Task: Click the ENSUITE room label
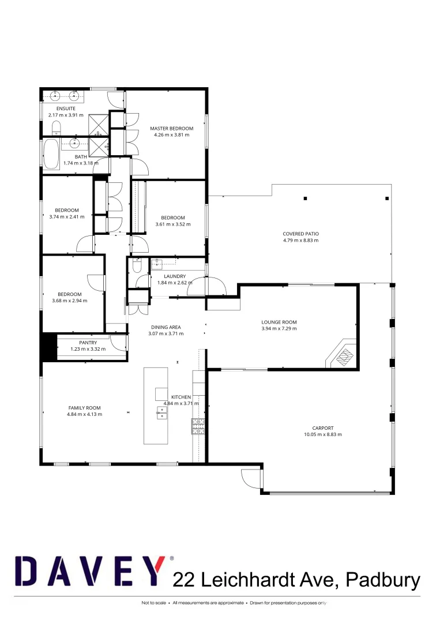[66, 108]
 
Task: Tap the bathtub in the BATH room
[51, 153]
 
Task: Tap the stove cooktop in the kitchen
[198, 426]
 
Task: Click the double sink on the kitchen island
[161, 412]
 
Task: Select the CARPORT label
[323, 428]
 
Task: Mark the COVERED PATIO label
[300, 234]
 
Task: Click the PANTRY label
[88, 343]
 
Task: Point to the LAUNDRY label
[175, 276]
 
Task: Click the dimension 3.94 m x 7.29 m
[279, 329]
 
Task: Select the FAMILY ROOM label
[84, 408]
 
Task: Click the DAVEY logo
[90, 571]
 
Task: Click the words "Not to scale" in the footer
[153, 603]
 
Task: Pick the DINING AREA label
[166, 327]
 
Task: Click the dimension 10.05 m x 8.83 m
[323, 434]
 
